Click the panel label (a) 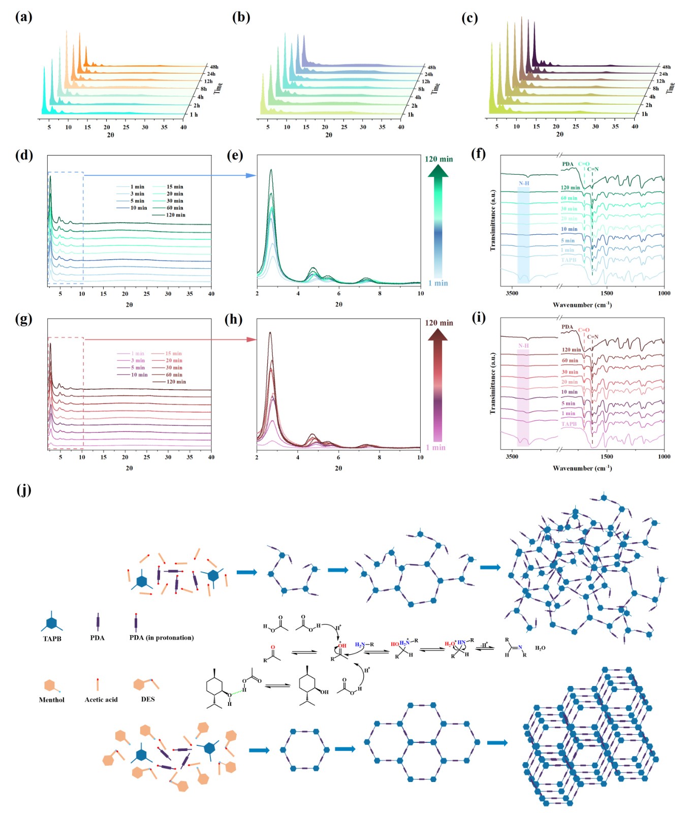23,17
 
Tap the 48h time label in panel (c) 666,67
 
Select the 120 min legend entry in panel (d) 175,215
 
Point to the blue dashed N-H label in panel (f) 524,183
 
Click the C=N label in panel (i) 593,337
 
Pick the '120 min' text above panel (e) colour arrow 438,159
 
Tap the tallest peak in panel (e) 271,171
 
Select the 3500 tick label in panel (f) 512,293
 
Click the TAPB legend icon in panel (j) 51,622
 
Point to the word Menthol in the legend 52,700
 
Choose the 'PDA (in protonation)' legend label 162,638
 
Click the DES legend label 148,699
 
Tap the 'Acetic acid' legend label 101,700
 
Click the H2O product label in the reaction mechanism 540,648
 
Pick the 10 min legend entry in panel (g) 139,374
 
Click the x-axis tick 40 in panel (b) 401,127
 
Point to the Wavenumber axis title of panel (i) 582,468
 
